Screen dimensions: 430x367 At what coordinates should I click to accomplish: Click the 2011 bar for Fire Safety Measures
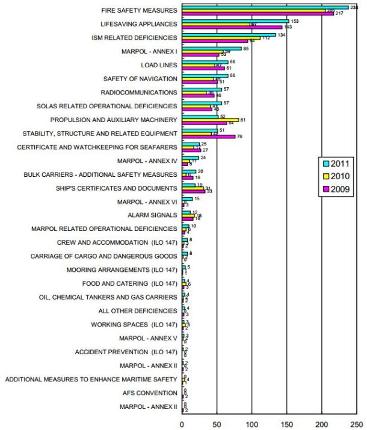(265, 7)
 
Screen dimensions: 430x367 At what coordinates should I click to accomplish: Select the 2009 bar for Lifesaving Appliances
(232, 28)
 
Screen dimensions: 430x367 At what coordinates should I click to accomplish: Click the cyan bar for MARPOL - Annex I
(212, 48)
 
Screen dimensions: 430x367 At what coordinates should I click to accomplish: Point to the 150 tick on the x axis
(288, 423)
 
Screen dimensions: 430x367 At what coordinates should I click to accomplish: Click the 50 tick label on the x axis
(217, 423)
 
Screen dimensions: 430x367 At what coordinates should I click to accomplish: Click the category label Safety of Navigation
(140, 79)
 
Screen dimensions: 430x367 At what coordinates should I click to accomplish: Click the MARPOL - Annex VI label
(148, 201)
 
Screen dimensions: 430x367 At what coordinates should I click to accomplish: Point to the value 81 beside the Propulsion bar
(243, 120)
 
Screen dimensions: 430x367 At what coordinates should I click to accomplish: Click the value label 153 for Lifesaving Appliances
(295, 21)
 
